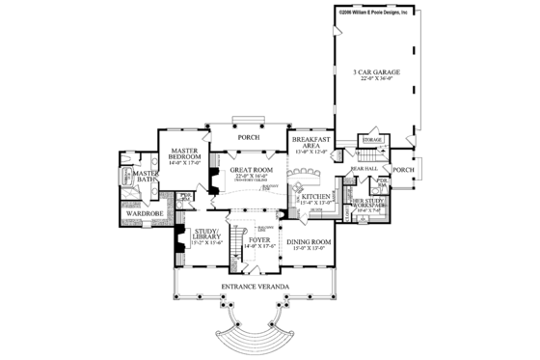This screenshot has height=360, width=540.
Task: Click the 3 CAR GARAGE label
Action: (x=370, y=72)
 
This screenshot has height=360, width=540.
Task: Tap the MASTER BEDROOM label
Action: (x=184, y=154)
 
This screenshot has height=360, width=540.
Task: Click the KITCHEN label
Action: (x=317, y=196)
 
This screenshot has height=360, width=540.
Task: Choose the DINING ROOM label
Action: (x=310, y=241)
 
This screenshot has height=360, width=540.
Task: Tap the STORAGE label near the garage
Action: (x=373, y=141)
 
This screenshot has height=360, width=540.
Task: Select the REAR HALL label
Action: (x=363, y=168)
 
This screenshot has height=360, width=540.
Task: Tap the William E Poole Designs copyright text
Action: (x=372, y=11)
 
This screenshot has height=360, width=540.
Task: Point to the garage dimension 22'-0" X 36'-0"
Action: (x=370, y=81)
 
